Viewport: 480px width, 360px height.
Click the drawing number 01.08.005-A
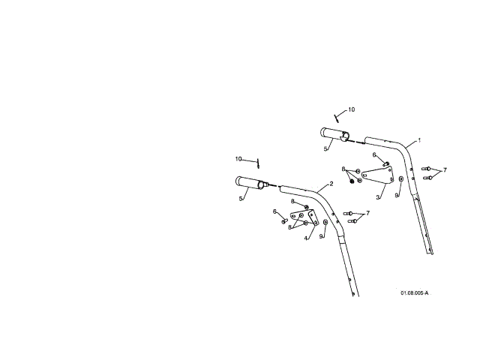[x=414, y=292]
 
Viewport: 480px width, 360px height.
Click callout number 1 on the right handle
[x=419, y=140]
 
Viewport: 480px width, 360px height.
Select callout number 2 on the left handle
[x=331, y=184]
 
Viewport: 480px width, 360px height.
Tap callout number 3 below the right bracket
[x=379, y=196]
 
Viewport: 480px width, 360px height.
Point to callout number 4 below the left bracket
[x=306, y=238]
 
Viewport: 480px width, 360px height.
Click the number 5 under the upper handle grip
[x=325, y=149]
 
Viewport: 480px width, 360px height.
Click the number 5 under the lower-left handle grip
[x=241, y=199]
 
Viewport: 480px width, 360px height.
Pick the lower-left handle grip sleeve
[x=248, y=182]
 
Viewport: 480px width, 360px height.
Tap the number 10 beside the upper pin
[x=352, y=109]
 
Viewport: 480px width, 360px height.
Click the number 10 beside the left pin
[x=238, y=159]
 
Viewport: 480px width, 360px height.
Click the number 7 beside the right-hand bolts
[x=445, y=170]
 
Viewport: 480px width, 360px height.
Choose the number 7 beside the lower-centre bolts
[x=367, y=213]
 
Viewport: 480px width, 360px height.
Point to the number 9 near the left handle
[x=321, y=236]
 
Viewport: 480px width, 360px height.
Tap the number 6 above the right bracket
[x=374, y=155]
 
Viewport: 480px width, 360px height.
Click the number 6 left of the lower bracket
[x=274, y=211]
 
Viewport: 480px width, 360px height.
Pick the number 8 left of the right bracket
[x=343, y=169]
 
